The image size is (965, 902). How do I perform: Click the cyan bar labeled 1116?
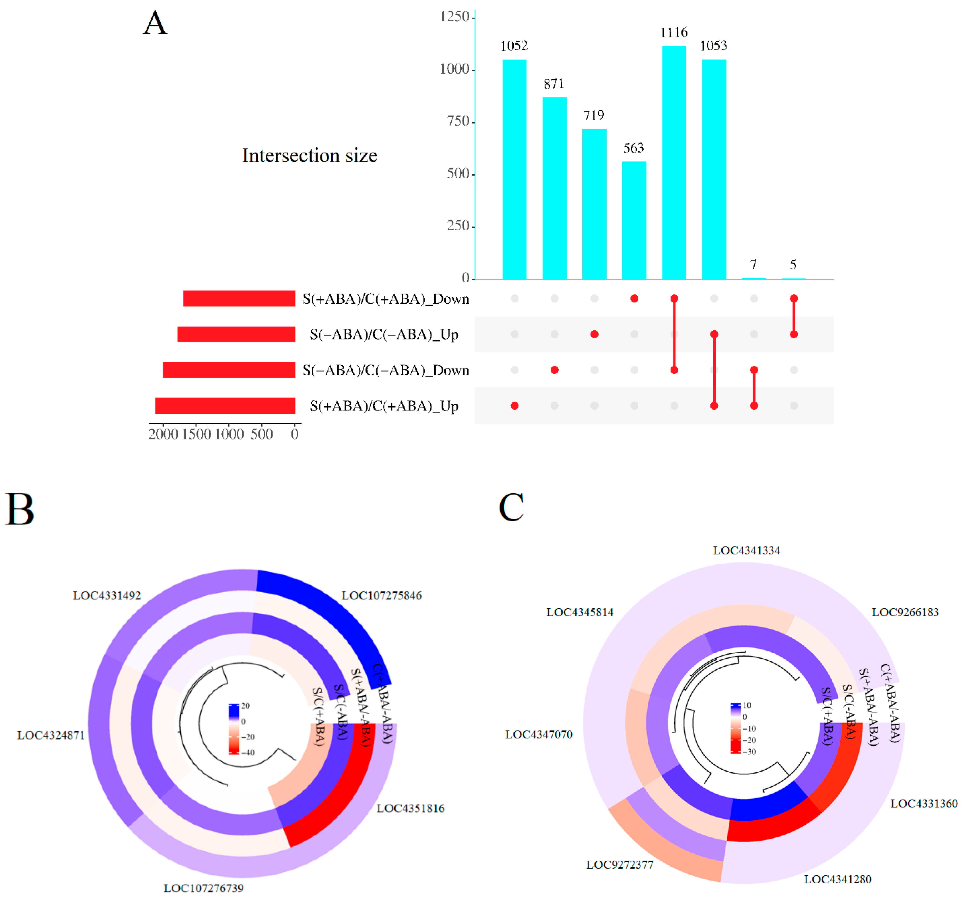tap(674, 163)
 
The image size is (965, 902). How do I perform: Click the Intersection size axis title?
tap(310, 155)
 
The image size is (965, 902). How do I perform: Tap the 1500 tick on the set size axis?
tap(196, 434)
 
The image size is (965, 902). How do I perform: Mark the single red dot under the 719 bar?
tap(594, 334)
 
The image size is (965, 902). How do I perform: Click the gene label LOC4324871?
tap(51, 735)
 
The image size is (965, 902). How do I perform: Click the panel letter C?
tap(511, 507)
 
